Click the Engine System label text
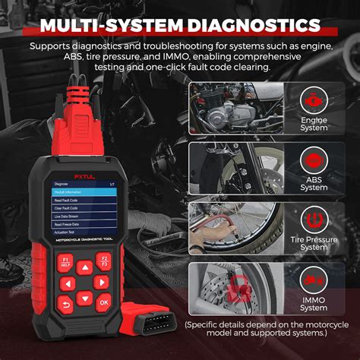tap(313, 125)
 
